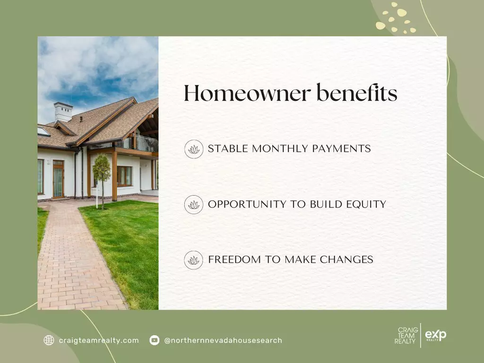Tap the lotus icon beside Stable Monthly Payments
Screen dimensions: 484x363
pyautogui.click(x=194, y=149)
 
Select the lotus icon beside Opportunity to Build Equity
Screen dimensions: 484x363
pyautogui.click(x=194, y=205)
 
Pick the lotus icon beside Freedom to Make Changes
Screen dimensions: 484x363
pyautogui.click(x=194, y=260)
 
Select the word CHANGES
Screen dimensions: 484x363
pyautogui.click(x=346, y=259)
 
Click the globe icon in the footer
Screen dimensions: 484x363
pyautogui.click(x=49, y=340)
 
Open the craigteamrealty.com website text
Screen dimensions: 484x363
pyautogui.click(x=99, y=340)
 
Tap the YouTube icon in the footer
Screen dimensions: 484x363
pyautogui.click(x=155, y=340)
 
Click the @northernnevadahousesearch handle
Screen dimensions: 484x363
pyautogui.click(x=223, y=340)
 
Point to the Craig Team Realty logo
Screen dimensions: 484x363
pyautogui.click(x=406, y=336)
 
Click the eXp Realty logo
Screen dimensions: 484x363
pyautogui.click(x=435, y=335)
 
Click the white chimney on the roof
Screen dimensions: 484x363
pyautogui.click(x=63, y=112)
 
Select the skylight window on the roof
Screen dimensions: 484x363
pyautogui.click(x=43, y=131)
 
